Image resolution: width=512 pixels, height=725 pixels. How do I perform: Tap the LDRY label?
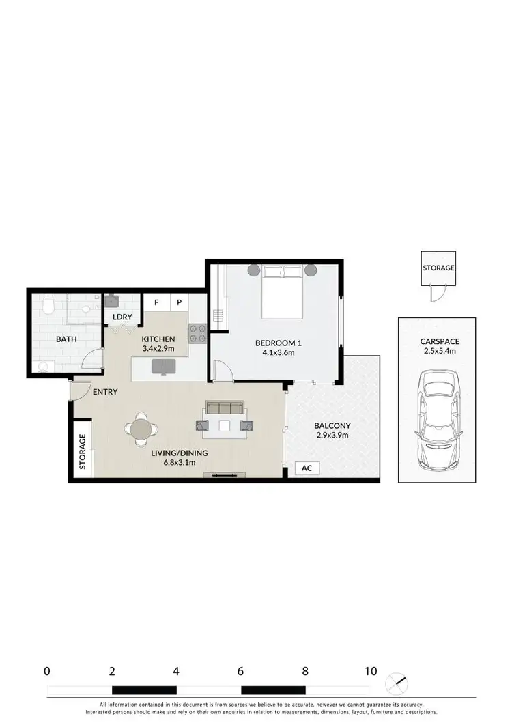122,317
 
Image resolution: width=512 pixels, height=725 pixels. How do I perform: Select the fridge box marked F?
156,302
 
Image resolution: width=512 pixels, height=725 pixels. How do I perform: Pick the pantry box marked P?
180,302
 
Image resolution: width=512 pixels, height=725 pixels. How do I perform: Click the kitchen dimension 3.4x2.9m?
158,349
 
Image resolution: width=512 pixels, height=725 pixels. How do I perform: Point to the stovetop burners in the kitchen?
197,332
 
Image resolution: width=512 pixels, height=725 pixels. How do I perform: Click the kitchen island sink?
163,367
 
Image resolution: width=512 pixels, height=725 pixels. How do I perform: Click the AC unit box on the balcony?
307,468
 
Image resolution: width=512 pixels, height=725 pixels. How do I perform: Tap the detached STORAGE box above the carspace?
438,268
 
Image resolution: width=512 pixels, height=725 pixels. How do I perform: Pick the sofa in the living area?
225,408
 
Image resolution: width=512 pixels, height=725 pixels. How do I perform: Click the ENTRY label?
106,392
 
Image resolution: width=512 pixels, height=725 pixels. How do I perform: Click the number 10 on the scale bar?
371,671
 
